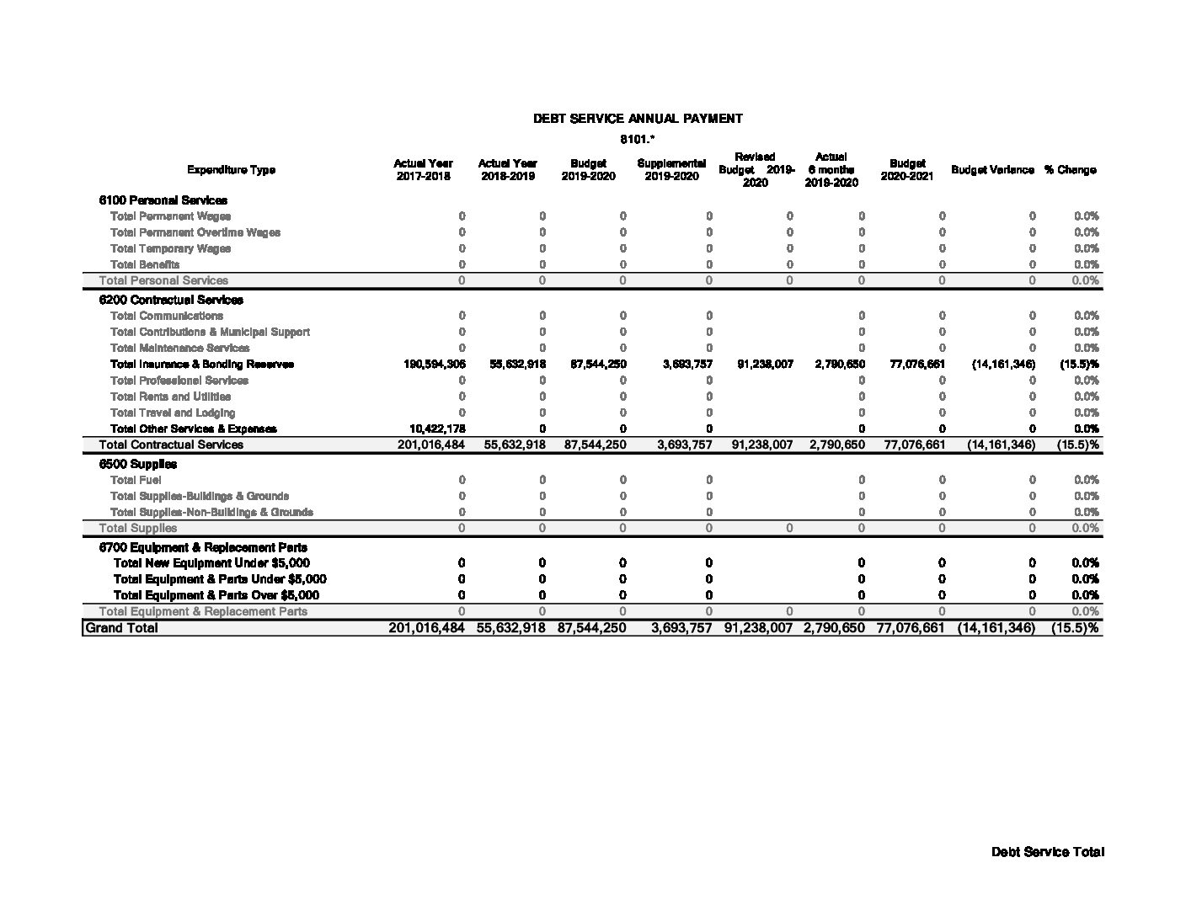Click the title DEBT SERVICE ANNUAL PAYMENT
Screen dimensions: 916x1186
point(638,119)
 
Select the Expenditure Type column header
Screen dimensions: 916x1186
point(231,170)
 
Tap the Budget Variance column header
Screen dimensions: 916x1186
point(992,170)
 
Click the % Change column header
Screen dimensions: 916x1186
point(1070,170)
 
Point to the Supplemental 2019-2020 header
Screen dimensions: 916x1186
point(671,170)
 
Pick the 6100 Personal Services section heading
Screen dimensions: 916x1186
point(163,200)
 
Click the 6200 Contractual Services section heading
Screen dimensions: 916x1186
point(171,300)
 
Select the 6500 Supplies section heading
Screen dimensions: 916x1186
point(138,464)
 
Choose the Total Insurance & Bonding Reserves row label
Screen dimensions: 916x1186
point(202,365)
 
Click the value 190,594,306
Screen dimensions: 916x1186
point(435,365)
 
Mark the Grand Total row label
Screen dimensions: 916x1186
point(121,628)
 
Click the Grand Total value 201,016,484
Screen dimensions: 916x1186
point(426,628)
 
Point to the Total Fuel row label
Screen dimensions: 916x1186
point(136,480)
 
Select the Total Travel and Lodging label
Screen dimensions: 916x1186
point(173,413)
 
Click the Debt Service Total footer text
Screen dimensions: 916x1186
point(1047,852)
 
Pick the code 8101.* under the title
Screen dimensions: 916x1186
point(638,139)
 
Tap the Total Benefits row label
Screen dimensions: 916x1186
point(145,264)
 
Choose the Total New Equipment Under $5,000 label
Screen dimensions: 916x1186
point(211,563)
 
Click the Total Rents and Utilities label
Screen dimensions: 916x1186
point(170,397)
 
